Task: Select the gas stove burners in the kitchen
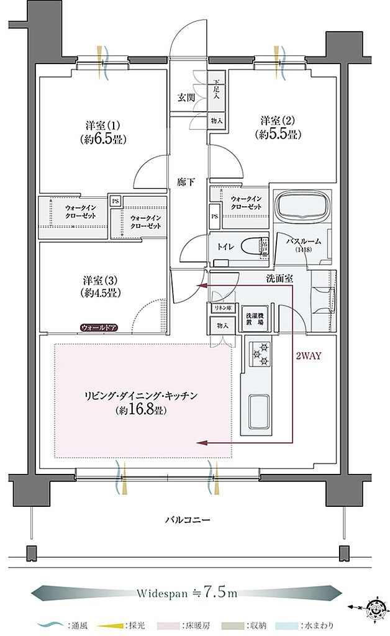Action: click(x=260, y=354)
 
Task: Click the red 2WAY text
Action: click(x=309, y=357)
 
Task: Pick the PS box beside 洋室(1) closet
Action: click(x=116, y=201)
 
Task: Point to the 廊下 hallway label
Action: click(x=186, y=183)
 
